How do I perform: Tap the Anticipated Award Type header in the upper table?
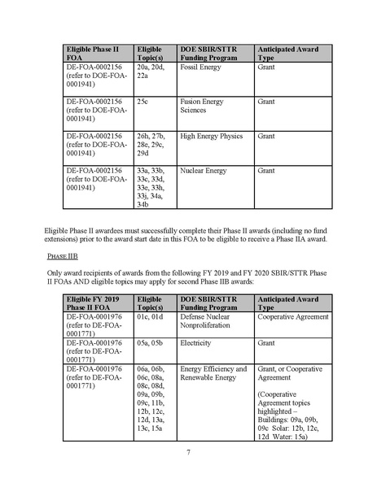(x=290, y=53)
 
